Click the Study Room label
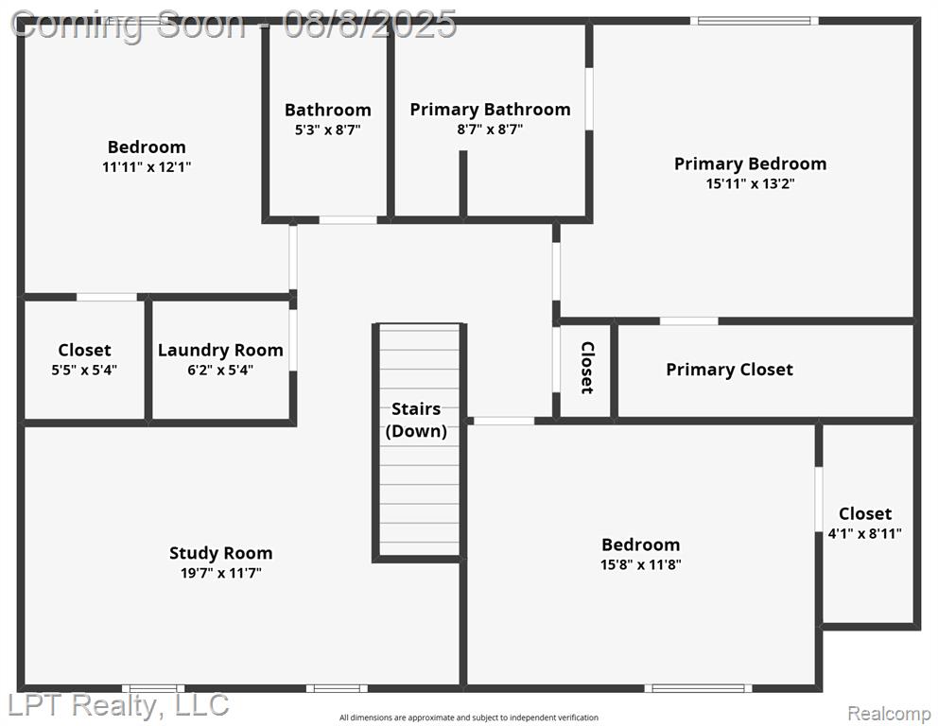220,553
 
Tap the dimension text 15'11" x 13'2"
750,183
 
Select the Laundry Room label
220,350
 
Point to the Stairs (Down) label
416,420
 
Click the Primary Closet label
730,370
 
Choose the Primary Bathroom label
490,110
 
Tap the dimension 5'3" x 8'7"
328,130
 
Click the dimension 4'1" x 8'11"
865,533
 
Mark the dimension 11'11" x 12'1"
147,167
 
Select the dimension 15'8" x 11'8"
641,564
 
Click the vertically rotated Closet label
587,368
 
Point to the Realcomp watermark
890,713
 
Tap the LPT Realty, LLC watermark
118,705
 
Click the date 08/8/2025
370,25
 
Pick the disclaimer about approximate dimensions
469,717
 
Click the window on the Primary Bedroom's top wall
755,21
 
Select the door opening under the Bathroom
348,220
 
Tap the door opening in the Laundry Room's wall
293,340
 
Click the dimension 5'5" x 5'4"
84,371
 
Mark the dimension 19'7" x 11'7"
220,573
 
